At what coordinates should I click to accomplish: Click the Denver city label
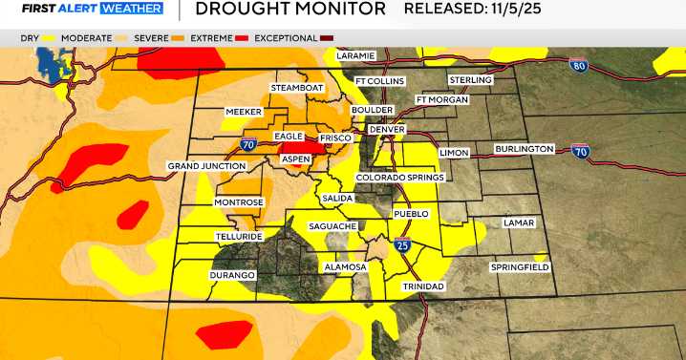tap(388, 130)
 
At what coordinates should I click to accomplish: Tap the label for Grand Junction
tap(207, 166)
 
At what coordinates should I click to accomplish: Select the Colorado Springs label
tap(399, 178)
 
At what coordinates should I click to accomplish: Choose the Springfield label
tap(520, 267)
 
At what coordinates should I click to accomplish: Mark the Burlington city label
tap(525, 149)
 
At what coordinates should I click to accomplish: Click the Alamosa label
tap(345, 267)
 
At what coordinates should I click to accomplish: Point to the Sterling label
tap(470, 80)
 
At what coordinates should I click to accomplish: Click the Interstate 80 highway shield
tap(578, 66)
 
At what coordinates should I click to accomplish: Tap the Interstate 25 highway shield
tap(402, 246)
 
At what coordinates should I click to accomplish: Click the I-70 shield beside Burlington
tap(579, 150)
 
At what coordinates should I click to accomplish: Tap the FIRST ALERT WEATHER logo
tap(81, 10)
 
